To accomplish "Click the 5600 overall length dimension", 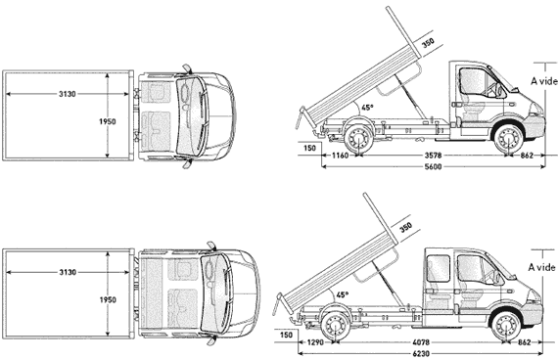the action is coord(433,166).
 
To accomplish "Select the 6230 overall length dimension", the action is coord(421,353).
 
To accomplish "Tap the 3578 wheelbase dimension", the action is coord(433,156).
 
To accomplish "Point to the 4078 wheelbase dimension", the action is coord(421,342).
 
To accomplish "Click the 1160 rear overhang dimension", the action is coord(340,156).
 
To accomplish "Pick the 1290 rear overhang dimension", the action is coord(315,342).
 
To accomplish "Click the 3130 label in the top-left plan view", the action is coord(68,94).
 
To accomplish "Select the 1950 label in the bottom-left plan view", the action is coord(108,300).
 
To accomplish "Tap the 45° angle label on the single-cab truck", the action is coord(367,107).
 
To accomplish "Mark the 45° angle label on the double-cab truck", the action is coord(343,294).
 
